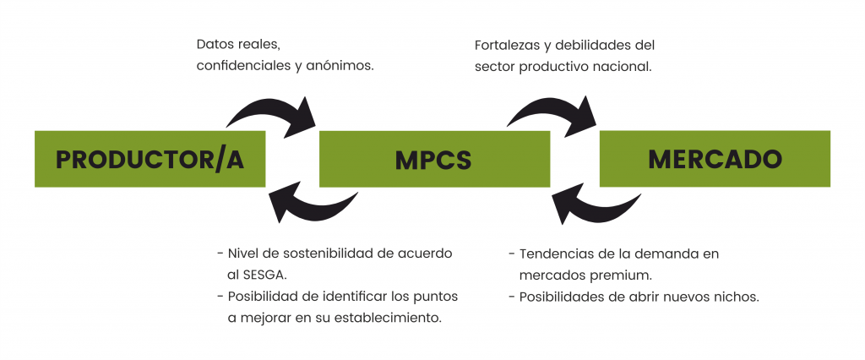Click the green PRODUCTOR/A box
(150, 159)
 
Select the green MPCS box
(433, 159)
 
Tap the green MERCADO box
(715, 158)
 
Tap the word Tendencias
(555, 254)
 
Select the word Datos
(215, 44)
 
